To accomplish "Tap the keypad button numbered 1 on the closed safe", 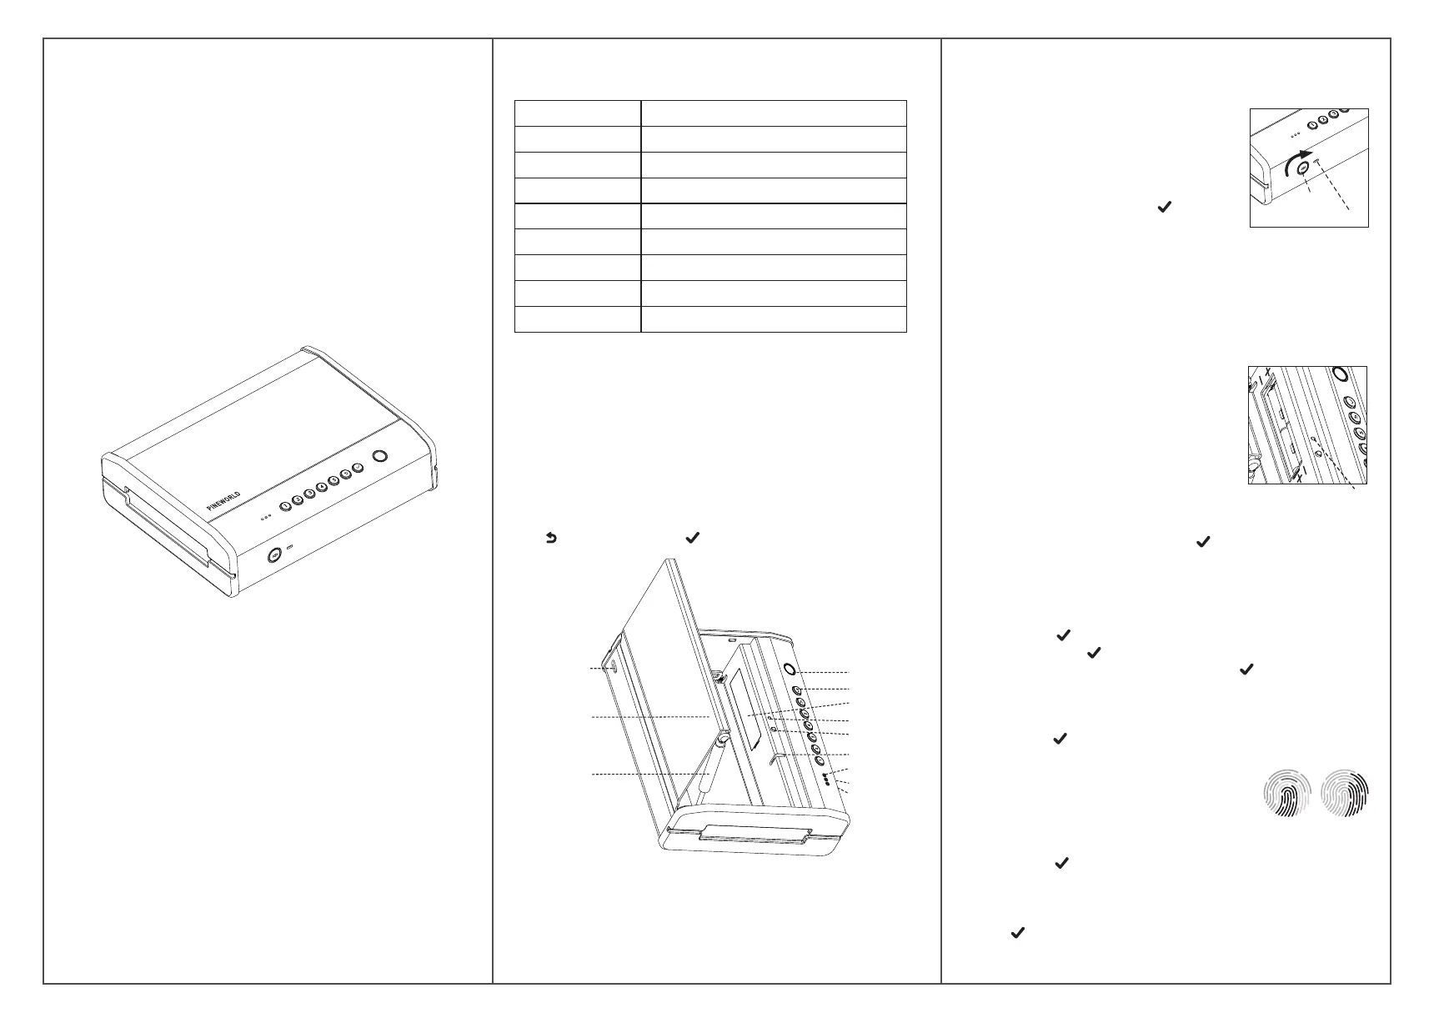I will tap(285, 505).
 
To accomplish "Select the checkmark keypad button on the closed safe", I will tap(358, 468).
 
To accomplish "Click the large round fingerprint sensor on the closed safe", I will tap(380, 456).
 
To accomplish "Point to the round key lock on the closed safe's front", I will tap(273, 556).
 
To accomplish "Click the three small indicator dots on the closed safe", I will tap(266, 517).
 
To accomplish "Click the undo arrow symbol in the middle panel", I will tap(551, 539).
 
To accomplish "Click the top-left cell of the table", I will tap(577, 113).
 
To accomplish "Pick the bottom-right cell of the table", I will tap(773, 319).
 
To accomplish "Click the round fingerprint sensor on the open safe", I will tap(789, 669).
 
